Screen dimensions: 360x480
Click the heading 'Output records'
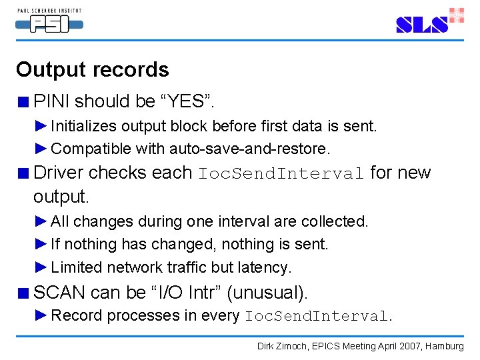[x=93, y=70]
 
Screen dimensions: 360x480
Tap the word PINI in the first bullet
[x=51, y=101]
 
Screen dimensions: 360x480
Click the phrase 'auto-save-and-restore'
[x=249, y=148]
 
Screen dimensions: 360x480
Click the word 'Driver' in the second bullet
[x=59, y=173]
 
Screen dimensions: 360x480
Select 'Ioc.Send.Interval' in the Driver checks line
[x=281, y=174]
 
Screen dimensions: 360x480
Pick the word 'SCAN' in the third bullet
[x=59, y=292]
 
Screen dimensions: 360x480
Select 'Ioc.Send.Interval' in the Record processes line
[x=317, y=316]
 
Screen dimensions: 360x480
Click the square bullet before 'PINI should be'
[x=23, y=103]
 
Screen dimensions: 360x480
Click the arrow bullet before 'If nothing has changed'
[x=41, y=245]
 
